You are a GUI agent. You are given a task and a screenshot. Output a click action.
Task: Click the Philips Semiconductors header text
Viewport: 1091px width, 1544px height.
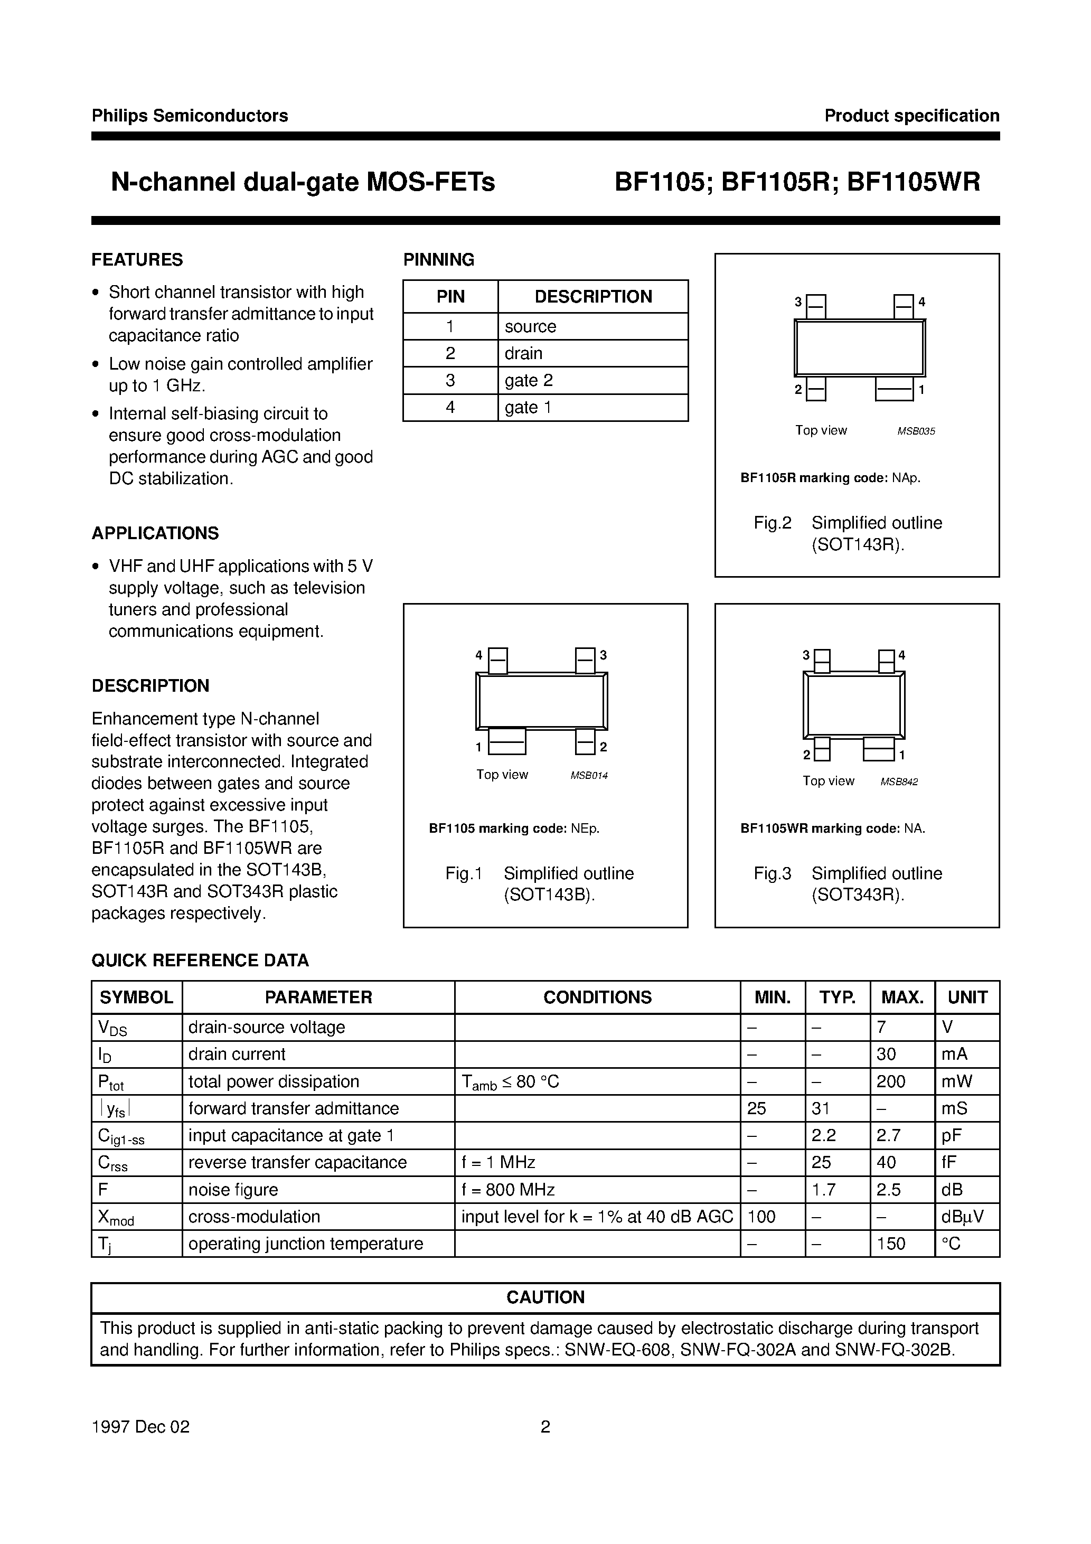[x=190, y=116]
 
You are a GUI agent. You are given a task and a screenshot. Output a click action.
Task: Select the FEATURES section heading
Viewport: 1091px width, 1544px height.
[x=137, y=260]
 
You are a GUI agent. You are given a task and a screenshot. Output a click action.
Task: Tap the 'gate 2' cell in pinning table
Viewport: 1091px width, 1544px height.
[x=529, y=381]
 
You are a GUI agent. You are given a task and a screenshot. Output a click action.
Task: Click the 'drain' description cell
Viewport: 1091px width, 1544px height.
[x=523, y=354]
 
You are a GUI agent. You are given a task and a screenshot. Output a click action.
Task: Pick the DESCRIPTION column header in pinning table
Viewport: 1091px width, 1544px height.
[x=592, y=297]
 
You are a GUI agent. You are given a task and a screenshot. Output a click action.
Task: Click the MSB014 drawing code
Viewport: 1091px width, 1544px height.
[x=589, y=775]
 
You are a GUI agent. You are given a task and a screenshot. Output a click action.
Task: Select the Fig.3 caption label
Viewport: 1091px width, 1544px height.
[x=772, y=873]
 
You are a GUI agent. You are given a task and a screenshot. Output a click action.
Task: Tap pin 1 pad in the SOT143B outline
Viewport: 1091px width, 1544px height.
[x=506, y=742]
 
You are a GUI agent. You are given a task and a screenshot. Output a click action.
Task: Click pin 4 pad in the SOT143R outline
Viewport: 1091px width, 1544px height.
[x=904, y=307]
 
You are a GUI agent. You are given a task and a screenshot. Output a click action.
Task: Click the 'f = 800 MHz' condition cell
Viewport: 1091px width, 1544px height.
[x=508, y=1190]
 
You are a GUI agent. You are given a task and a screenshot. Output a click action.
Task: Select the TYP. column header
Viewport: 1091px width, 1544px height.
[x=838, y=997]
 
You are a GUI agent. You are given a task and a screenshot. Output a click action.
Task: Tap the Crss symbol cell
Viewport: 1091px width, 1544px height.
[x=113, y=1163]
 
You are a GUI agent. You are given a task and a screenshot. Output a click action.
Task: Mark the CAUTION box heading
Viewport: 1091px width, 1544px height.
[x=545, y=1297]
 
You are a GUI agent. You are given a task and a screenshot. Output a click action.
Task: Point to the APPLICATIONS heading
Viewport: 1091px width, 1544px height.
[x=155, y=533]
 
